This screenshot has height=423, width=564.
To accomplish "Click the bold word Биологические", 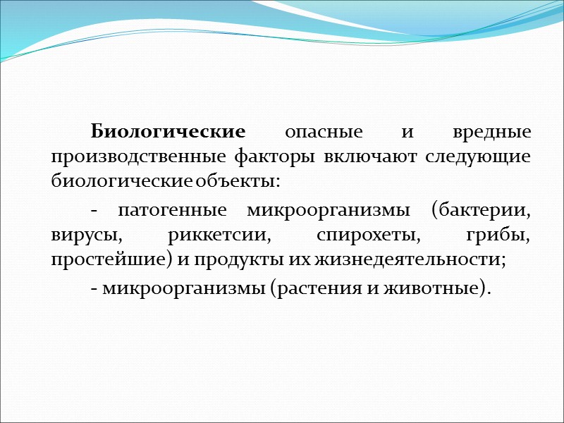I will pos(168,133).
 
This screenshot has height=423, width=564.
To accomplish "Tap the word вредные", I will pos(490,133).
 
